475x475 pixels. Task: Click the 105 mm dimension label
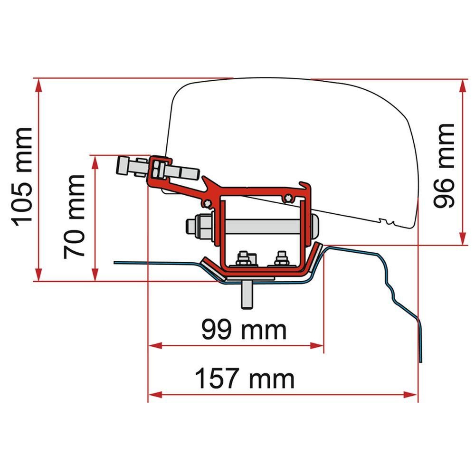coord(22,176)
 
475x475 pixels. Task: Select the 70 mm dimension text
coord(75,216)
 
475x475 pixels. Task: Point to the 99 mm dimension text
coord(244,330)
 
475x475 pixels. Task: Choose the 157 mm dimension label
coord(245,379)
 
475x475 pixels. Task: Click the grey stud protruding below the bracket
coord(247,294)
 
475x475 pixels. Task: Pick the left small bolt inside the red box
coord(244,258)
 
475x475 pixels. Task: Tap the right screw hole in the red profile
coord(286,198)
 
